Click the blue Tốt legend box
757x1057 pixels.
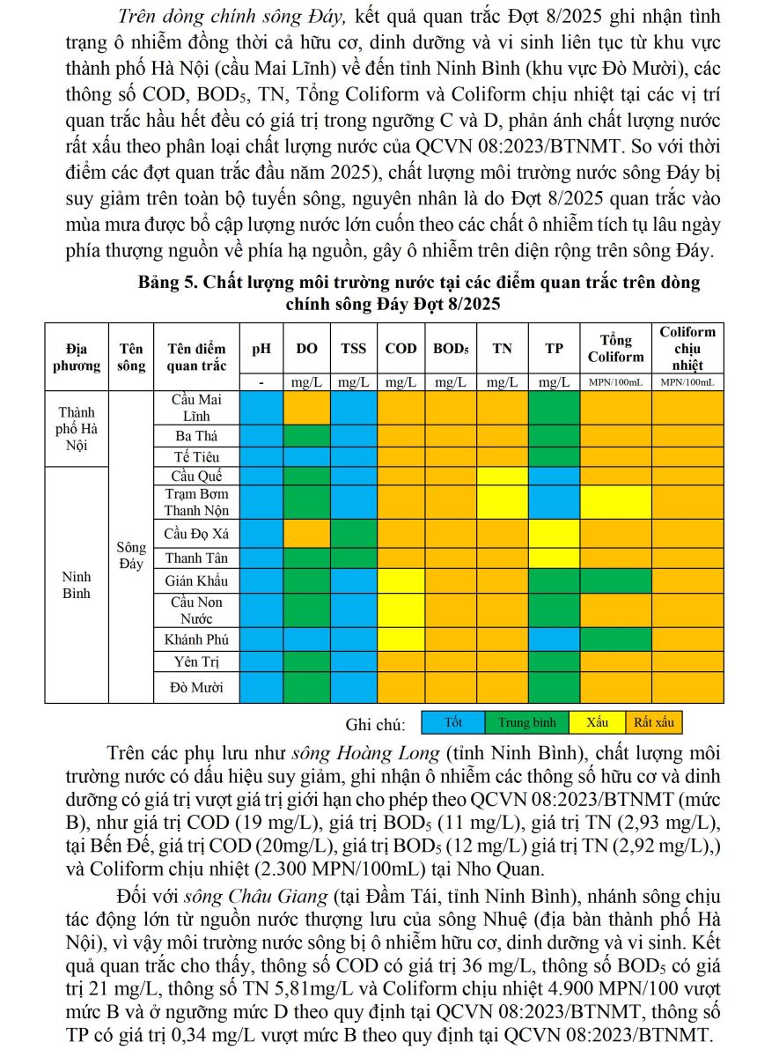click(453, 723)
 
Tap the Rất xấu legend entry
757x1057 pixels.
click(653, 723)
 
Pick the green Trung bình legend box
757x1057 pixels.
click(526, 723)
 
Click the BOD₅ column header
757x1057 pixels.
click(451, 349)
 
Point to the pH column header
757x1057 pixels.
click(261, 349)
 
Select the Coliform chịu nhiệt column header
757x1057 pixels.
click(687, 348)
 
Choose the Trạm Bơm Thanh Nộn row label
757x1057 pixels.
click(196, 502)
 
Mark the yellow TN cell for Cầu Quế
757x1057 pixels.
click(503, 476)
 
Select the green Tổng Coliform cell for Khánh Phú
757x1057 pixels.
click(615, 639)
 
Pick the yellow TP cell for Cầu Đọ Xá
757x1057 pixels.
click(554, 533)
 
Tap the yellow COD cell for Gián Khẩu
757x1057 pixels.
click(401, 580)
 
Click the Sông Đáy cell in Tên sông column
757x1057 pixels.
click(130, 556)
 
